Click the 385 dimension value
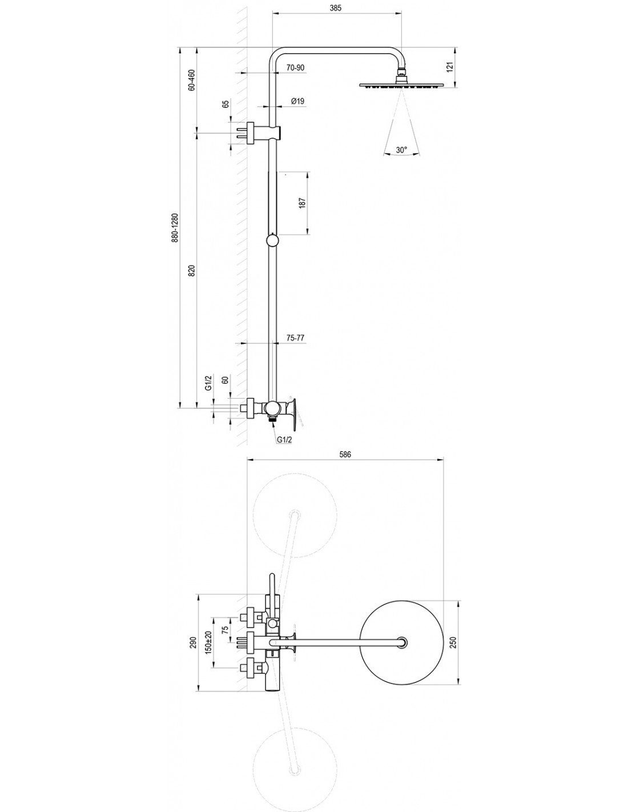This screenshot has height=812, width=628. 336,8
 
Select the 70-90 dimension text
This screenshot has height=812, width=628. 296,67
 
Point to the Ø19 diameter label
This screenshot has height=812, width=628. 297,101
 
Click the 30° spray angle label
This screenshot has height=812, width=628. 401,150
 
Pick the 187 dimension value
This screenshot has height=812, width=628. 302,203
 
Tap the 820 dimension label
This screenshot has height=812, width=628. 192,270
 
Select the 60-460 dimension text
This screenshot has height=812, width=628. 192,80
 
